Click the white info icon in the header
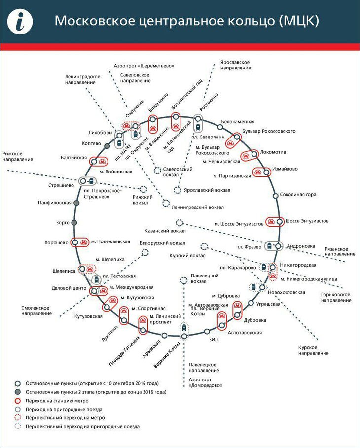tap(20, 22)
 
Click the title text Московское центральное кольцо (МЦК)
tap(186, 21)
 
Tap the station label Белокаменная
tap(238, 121)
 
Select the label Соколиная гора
tap(298, 195)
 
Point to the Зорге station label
tap(63, 223)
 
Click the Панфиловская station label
tap(55, 203)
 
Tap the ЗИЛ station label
tap(213, 340)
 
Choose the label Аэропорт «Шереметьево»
tap(144, 65)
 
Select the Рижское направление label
tap(18, 156)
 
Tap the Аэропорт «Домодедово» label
tap(205, 382)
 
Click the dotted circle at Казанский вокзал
tap(180, 223)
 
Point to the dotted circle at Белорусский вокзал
tap(145, 252)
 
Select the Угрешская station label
tap(268, 304)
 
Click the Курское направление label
tap(313, 350)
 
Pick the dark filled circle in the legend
tap(17, 392)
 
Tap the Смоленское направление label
tap(36, 310)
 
